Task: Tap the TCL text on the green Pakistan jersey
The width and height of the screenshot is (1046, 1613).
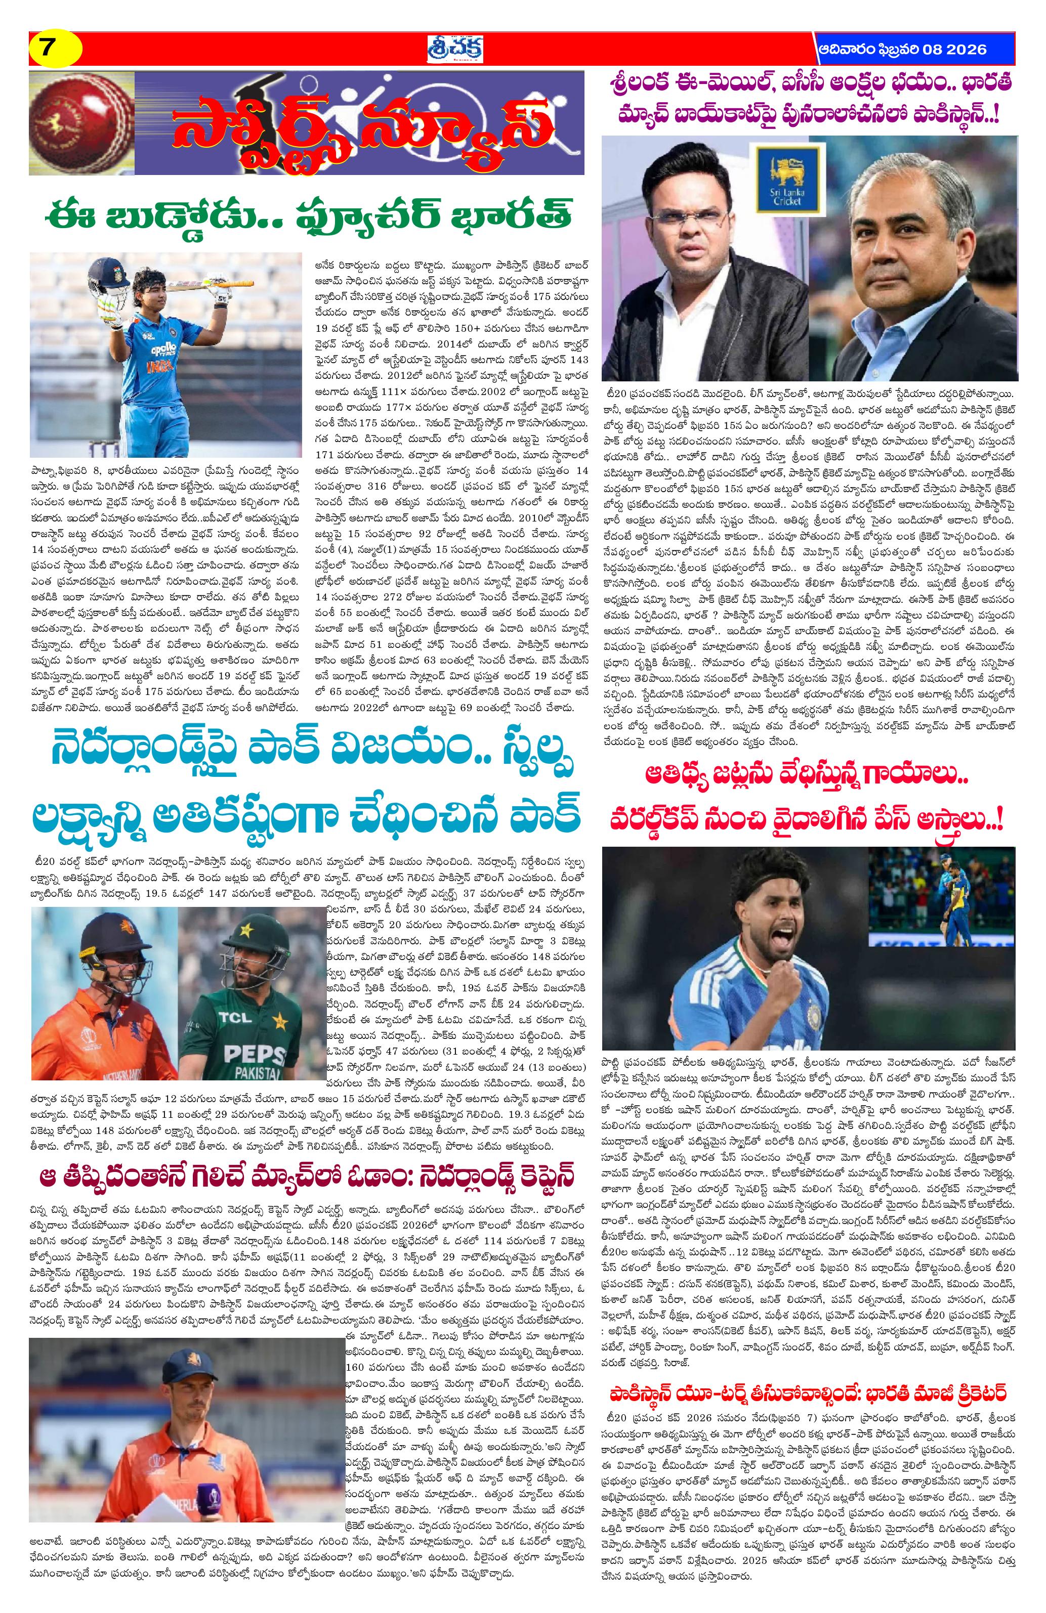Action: coord(257,1017)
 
